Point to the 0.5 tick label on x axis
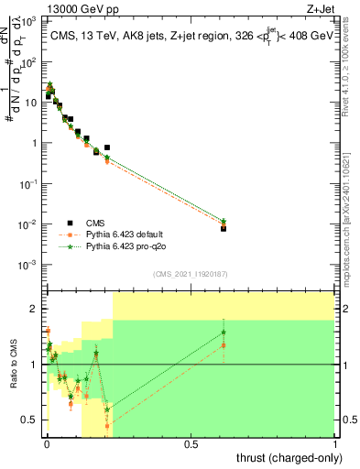click(x=191, y=444)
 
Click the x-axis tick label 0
click(x=47, y=444)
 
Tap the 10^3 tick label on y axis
click(x=28, y=21)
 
